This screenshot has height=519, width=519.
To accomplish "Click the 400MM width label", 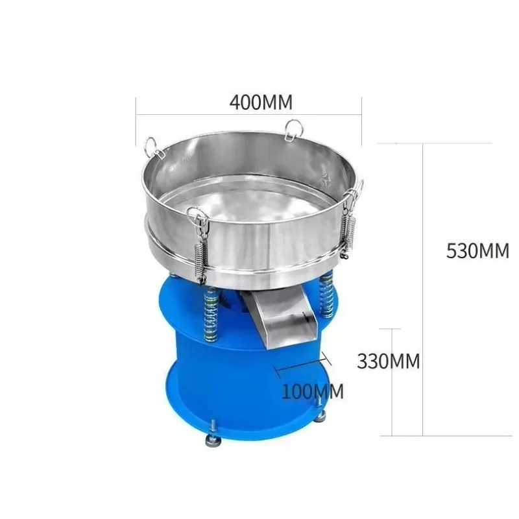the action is click(261, 102).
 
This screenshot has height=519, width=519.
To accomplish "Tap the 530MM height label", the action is click(477, 251).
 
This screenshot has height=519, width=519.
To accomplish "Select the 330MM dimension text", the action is click(388, 361).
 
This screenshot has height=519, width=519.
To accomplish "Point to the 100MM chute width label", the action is click(313, 392).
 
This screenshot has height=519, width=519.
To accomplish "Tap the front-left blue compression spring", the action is click(211, 313).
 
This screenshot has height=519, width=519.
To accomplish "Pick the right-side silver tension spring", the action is click(348, 235).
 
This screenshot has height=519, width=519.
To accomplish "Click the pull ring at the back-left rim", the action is click(153, 147).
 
